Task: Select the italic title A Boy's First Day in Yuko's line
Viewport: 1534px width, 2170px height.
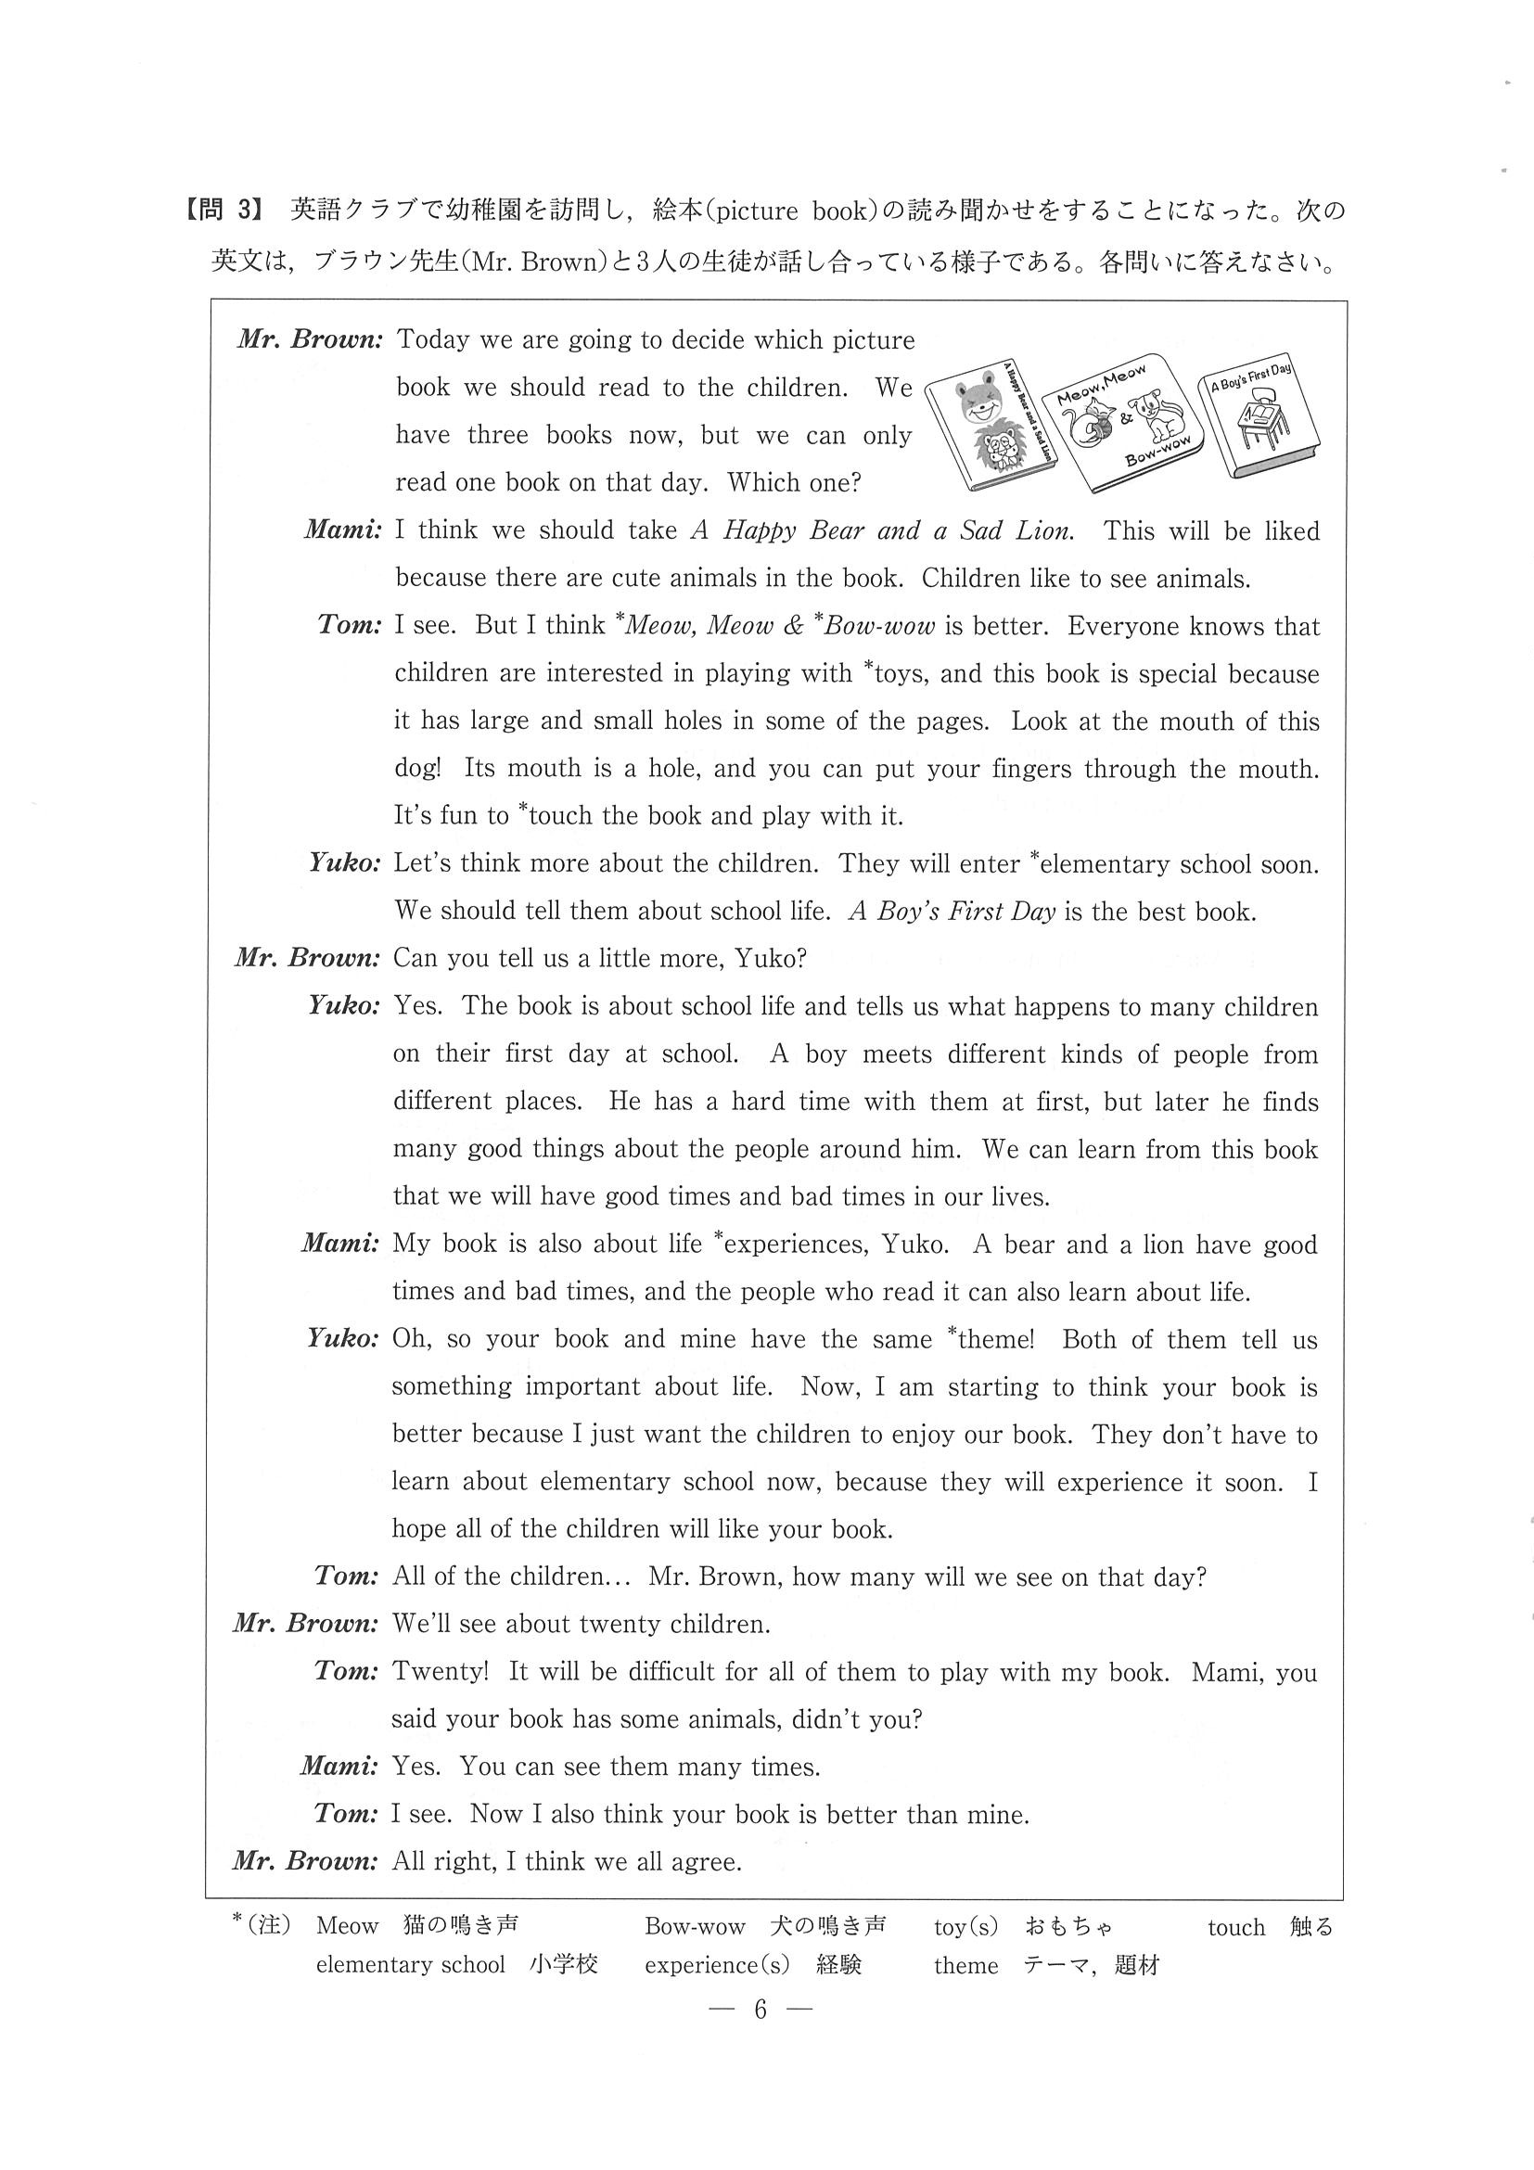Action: coord(951,911)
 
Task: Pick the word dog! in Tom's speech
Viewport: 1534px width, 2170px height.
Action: coord(416,769)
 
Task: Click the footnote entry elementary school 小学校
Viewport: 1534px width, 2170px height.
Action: coord(456,1964)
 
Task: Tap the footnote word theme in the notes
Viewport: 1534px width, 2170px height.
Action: coord(965,1965)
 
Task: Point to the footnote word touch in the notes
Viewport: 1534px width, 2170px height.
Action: coord(1235,1927)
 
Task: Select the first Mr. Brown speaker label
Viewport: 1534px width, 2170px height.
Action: coord(309,340)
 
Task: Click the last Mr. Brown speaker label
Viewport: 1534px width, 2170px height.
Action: coord(305,1861)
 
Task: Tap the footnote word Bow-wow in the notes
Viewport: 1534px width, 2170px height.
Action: coord(695,1926)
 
